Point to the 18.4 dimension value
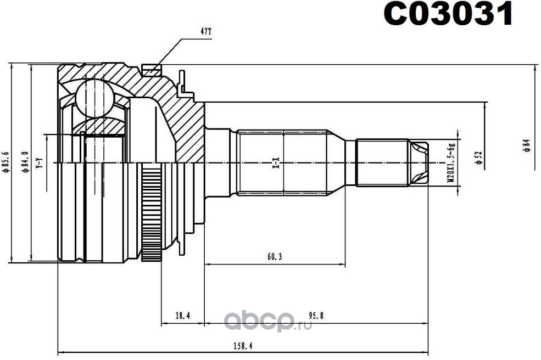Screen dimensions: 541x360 click(182, 316)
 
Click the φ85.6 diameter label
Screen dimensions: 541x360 click(6, 162)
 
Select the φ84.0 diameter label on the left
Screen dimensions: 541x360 click(25, 162)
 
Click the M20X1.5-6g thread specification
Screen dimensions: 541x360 click(451, 163)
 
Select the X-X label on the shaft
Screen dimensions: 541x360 click(277, 162)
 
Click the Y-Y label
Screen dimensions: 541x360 click(39, 162)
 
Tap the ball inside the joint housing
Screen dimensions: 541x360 click(94, 98)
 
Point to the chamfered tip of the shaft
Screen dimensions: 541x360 click(420, 162)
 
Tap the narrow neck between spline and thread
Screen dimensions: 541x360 click(350, 162)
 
